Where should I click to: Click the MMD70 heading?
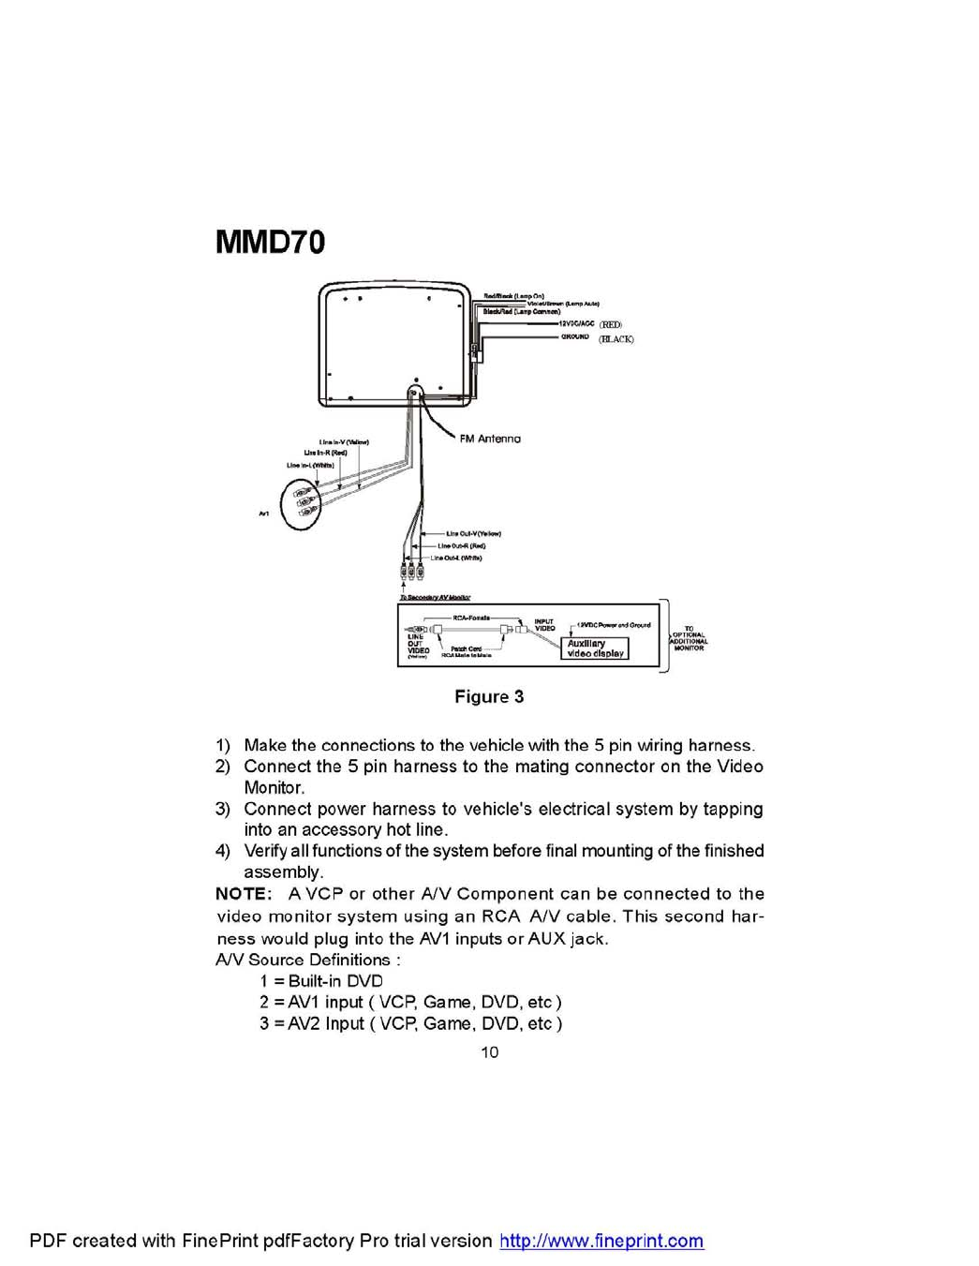click(x=270, y=242)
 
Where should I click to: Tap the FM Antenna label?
click(x=490, y=439)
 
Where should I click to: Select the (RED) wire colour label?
click(x=610, y=324)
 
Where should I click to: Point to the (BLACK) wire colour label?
click(x=616, y=339)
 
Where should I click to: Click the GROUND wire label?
click(x=575, y=336)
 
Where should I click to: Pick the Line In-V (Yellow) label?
click(x=343, y=442)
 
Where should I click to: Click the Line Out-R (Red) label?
click(x=461, y=545)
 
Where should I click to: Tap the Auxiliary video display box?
click(x=595, y=648)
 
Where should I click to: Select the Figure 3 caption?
click(x=489, y=696)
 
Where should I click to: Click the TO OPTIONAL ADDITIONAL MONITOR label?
click(x=689, y=638)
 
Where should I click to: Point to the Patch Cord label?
click(x=466, y=648)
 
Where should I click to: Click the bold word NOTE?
click(x=244, y=894)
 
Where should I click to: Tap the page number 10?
click(x=489, y=1051)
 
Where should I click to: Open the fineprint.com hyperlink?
click(x=601, y=1241)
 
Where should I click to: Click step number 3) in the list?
click(x=223, y=809)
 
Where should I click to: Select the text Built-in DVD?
click(x=335, y=981)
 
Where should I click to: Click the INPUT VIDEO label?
click(x=544, y=624)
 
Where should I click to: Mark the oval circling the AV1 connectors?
click(x=301, y=503)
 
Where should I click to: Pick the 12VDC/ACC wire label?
click(x=576, y=323)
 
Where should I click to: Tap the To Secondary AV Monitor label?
click(x=435, y=597)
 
